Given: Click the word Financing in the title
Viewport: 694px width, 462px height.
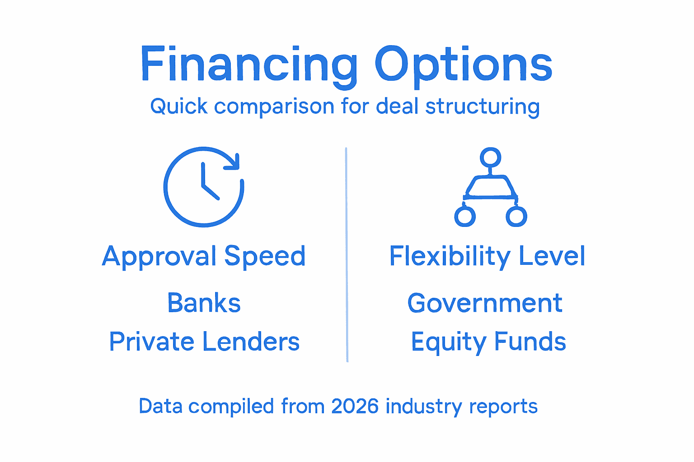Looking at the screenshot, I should (x=249, y=64).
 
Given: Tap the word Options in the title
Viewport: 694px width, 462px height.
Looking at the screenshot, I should (x=463, y=64).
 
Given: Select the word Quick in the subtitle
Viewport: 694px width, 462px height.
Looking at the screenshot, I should (x=179, y=106).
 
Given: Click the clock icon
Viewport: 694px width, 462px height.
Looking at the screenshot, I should (x=203, y=187).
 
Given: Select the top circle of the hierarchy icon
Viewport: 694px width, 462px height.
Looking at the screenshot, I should (x=490, y=157).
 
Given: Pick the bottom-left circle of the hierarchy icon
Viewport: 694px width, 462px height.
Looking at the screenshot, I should (x=465, y=217).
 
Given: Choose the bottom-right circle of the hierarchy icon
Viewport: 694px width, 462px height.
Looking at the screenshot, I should (x=516, y=217).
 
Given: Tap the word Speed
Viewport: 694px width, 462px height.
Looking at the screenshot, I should (x=265, y=256).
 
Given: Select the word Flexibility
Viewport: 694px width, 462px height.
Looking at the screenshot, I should (x=450, y=256).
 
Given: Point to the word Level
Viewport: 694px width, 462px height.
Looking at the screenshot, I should (x=552, y=256).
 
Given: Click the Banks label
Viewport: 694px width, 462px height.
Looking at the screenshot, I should (x=204, y=303).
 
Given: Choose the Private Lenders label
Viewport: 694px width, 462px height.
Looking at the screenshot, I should (x=204, y=342).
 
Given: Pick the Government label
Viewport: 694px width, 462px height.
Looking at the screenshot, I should (x=485, y=303).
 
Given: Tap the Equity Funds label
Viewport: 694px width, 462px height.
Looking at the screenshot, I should (x=488, y=342).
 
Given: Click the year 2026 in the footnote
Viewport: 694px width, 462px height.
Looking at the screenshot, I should (x=355, y=406).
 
